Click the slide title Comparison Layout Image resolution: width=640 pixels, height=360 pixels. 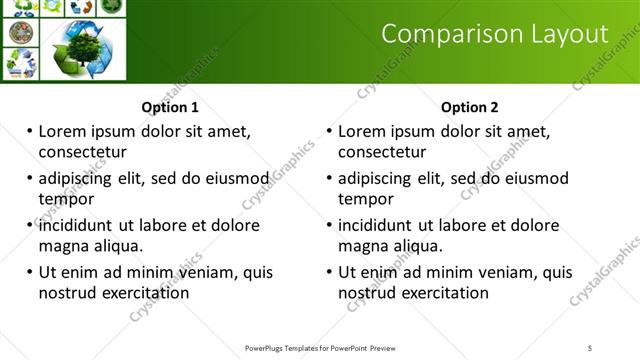coord(495,34)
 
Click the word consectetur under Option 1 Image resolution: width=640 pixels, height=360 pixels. coord(82,152)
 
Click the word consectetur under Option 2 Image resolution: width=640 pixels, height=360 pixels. coord(382,152)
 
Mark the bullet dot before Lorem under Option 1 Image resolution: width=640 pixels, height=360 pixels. coord(29,131)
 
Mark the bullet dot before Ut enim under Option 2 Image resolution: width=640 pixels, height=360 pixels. coord(329,272)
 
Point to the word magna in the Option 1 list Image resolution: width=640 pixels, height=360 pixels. coord(63,246)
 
